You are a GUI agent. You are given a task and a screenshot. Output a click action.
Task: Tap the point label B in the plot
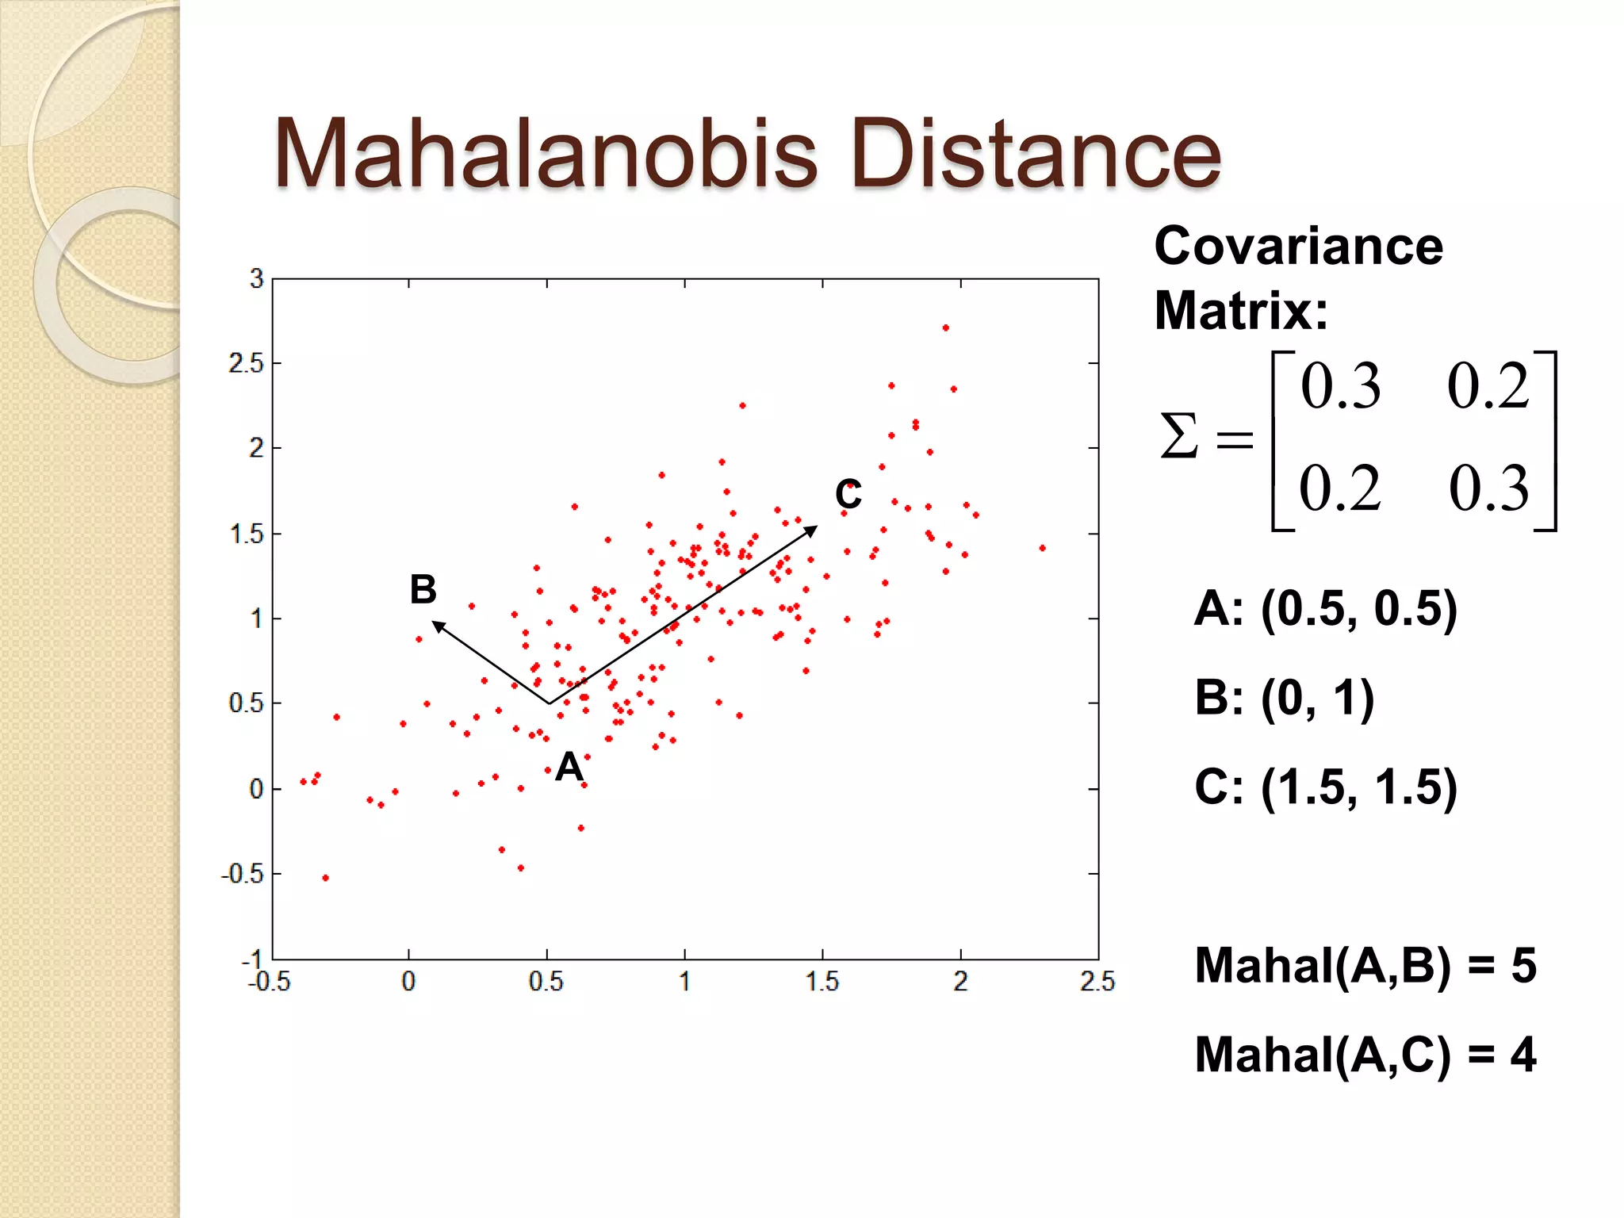[423, 589]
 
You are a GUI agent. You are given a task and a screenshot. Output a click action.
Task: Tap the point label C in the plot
[848, 495]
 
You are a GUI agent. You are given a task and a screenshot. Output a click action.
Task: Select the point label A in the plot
[569, 767]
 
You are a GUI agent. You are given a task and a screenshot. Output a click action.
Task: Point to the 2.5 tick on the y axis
[245, 363]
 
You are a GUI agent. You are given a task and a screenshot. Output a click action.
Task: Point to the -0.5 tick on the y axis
[242, 874]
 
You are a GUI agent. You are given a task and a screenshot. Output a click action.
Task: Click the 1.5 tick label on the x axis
[822, 982]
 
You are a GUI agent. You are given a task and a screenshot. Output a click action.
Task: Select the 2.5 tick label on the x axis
[1097, 982]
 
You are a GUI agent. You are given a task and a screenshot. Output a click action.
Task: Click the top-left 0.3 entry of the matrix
[1340, 386]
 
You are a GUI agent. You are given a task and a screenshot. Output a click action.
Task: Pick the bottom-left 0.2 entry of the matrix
[1339, 488]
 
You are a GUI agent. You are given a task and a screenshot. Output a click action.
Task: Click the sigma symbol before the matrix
[1178, 435]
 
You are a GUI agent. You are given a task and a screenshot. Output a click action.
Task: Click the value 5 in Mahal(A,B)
[1523, 966]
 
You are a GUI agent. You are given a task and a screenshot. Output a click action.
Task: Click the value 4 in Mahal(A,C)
[1523, 1055]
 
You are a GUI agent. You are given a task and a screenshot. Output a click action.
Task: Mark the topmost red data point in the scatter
[945, 327]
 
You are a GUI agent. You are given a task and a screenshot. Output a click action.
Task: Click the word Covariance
[1298, 246]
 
